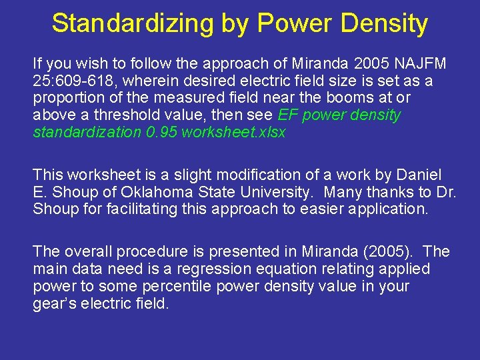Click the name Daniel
point(418,175)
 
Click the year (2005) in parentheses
point(392,252)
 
